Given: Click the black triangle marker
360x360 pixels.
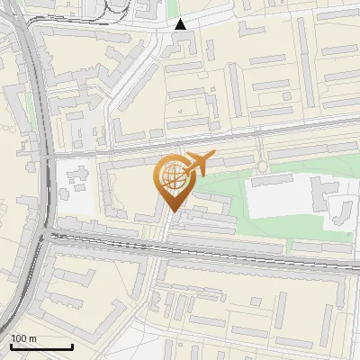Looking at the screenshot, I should pos(180,24).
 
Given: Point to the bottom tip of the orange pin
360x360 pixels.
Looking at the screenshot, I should pos(172,211).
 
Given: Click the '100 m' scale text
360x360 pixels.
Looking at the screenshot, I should pos(24,338).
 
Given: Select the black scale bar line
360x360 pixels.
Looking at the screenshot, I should pos(41,346).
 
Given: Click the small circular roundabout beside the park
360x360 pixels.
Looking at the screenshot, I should pos(262,166).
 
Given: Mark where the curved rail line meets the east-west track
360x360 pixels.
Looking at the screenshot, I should pos(43,236).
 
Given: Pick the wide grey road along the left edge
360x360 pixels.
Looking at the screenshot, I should pos(36,117).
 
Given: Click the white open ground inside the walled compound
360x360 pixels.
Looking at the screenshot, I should pos(279,203).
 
